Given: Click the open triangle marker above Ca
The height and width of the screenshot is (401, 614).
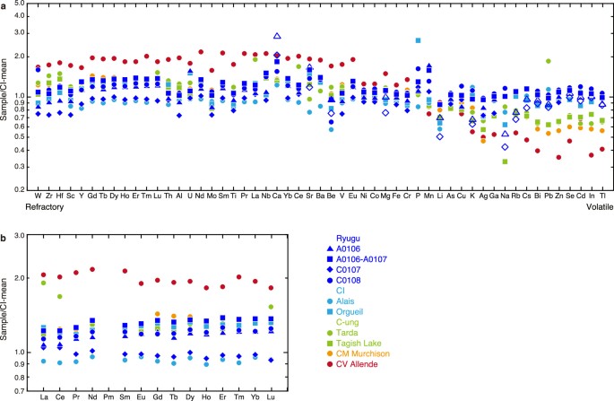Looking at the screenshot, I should tap(277, 36).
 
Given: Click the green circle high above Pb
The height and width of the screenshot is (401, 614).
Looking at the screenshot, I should tap(548, 61).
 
